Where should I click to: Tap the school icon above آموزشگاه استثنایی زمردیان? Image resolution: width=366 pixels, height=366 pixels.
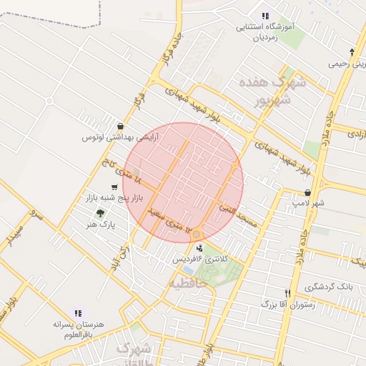(265, 16)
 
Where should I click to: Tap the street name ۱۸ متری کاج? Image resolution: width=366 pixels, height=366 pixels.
(121, 172)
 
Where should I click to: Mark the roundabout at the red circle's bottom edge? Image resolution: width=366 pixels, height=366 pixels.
(197, 234)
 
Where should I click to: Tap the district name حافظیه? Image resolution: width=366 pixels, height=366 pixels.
(188, 284)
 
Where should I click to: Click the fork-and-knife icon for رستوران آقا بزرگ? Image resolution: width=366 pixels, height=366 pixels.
(287, 293)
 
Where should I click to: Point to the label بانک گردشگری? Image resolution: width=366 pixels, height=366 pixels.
(329, 287)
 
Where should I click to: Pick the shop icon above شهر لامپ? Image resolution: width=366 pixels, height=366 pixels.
(307, 192)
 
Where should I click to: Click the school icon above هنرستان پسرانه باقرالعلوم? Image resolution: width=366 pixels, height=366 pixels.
(77, 312)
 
